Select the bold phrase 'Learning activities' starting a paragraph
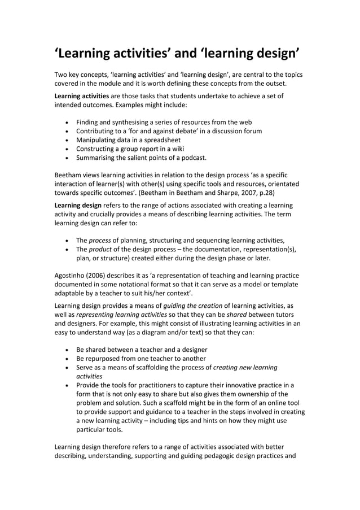(x=81, y=96)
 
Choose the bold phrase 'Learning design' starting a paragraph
(x=78, y=206)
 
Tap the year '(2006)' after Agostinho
(x=102, y=276)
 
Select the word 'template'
(x=284, y=284)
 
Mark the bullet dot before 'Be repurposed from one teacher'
(x=68, y=359)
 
